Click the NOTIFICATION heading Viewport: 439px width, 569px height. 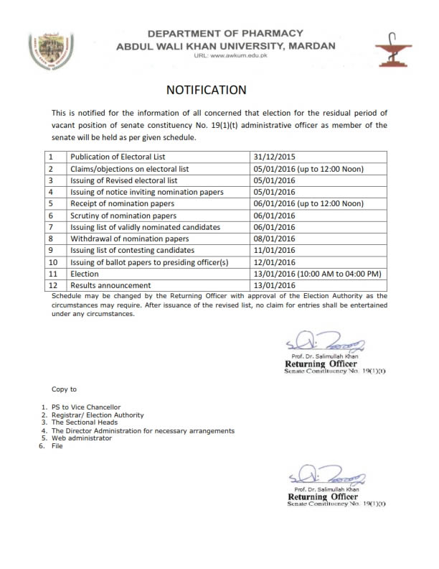pyautogui.click(x=206, y=91)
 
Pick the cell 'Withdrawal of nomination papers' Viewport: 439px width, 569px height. pyautogui.click(x=129, y=239)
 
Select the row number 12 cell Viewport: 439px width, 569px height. pyautogui.click(x=52, y=285)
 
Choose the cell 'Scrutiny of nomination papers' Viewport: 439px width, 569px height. pyautogui.click(x=123, y=216)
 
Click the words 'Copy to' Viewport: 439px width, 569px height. pyautogui.click(x=64, y=389)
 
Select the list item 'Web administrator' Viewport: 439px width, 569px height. pyautogui.click(x=81, y=438)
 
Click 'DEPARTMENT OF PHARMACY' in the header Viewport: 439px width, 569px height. pyautogui.click(x=225, y=34)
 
